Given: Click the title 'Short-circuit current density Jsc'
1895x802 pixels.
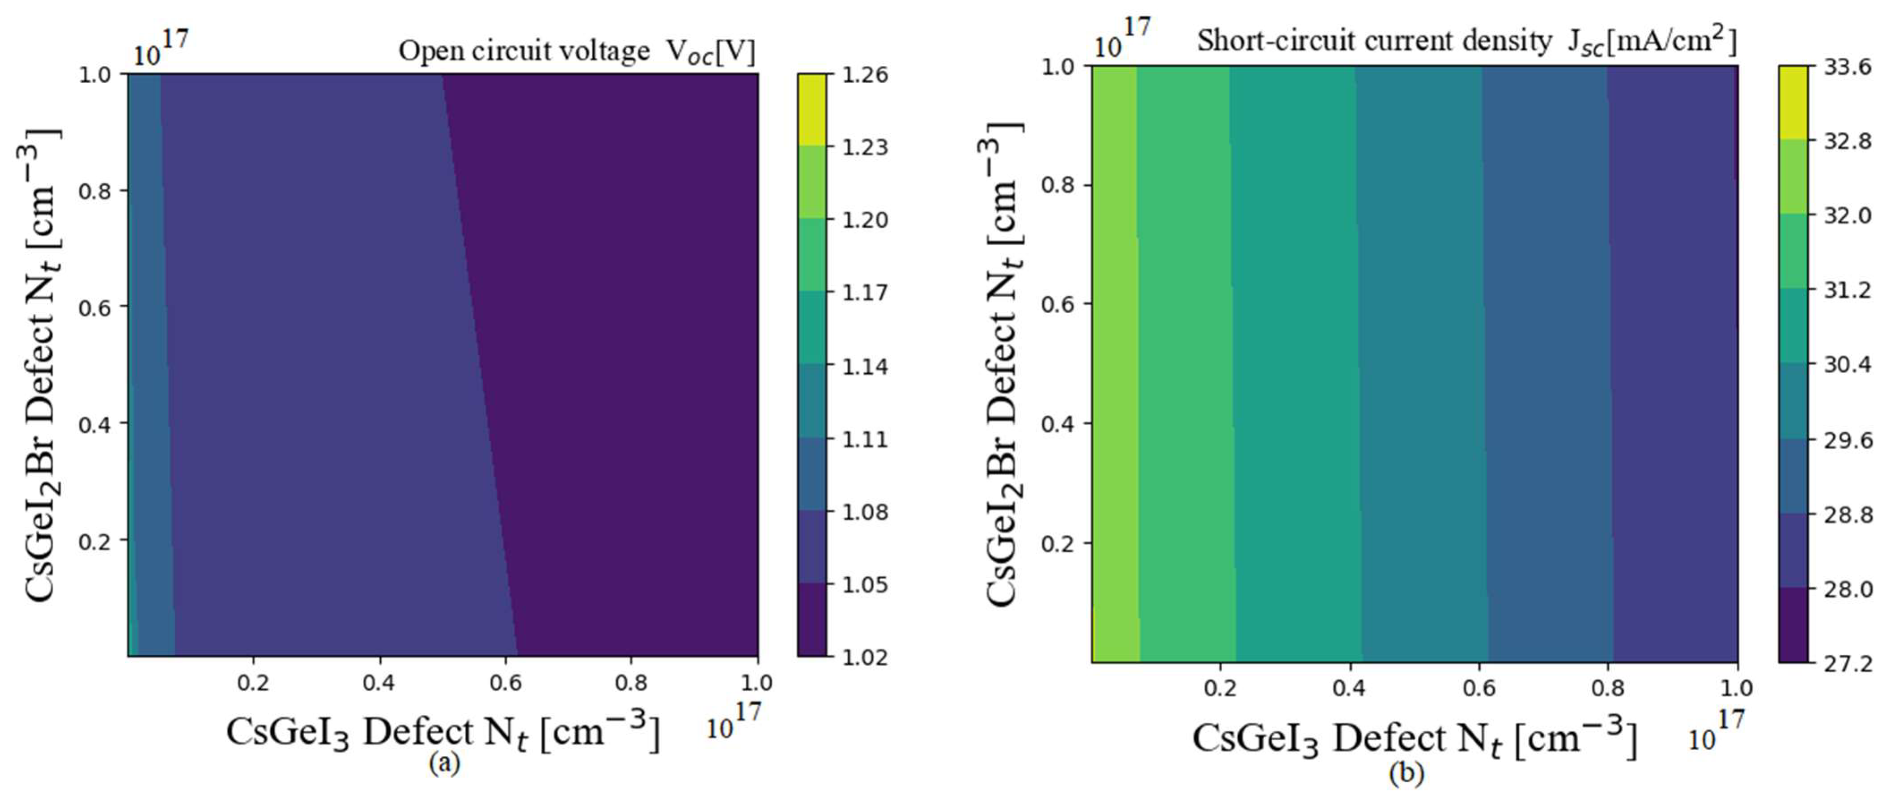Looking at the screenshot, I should point(1466,41).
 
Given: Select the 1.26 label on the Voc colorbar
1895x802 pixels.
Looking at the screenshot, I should point(865,74).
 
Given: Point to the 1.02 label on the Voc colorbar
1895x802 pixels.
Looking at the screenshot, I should point(865,656).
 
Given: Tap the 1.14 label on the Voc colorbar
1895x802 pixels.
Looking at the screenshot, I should point(865,366).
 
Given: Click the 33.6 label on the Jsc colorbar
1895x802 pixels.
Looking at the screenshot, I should point(1848,67).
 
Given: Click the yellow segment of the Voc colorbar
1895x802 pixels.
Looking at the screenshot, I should point(812,109).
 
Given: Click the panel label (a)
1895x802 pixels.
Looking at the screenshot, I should point(444,763).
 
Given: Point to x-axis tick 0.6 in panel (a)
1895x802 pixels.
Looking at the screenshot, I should point(506,683).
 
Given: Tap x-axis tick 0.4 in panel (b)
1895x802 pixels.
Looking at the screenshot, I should point(1349,689).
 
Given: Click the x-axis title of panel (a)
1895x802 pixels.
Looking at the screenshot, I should point(442,731).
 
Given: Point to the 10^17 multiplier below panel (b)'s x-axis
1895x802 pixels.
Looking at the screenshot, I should point(1716,731).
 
